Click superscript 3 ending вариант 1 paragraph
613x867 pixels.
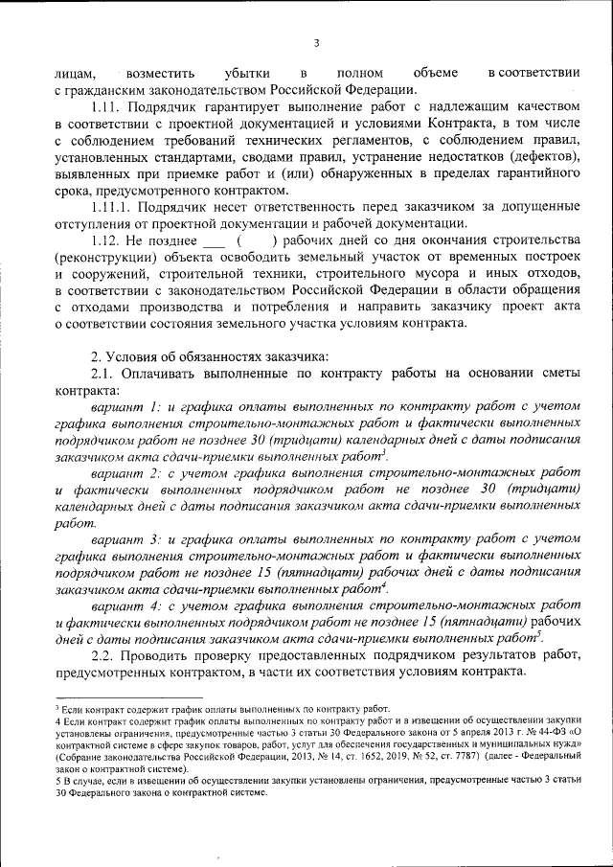[384, 452]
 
